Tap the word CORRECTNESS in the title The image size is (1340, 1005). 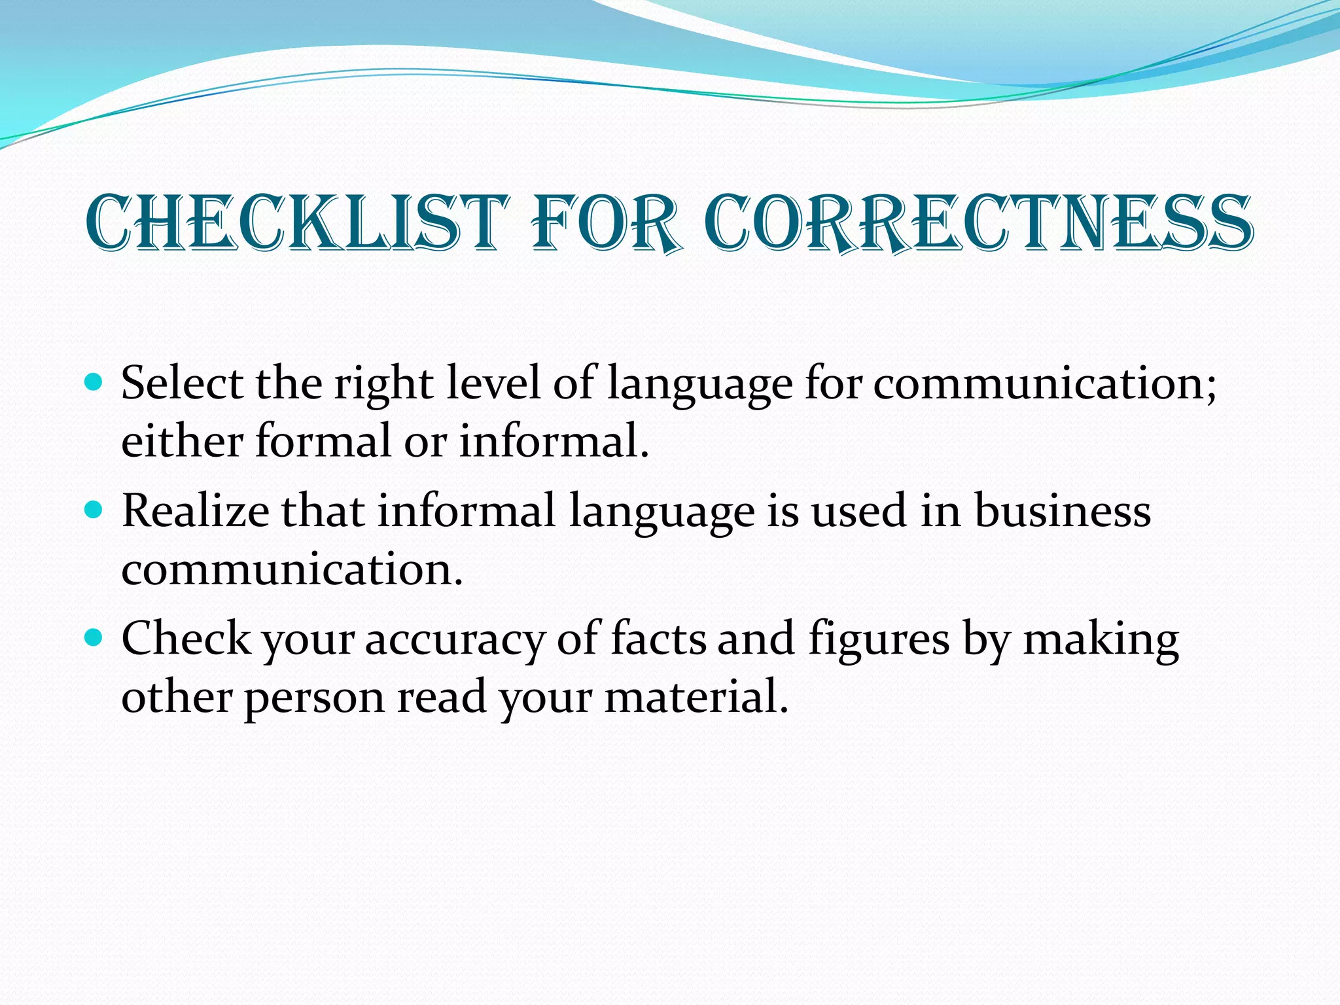[x=978, y=223]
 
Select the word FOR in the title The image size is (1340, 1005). [x=605, y=223]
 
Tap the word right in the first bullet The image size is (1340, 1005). [x=383, y=385]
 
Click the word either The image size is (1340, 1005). [x=182, y=440]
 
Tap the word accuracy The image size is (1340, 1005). [x=454, y=640]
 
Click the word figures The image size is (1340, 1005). [x=879, y=640]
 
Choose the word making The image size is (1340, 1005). [x=1101, y=640]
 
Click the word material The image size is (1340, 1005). [x=696, y=696]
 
